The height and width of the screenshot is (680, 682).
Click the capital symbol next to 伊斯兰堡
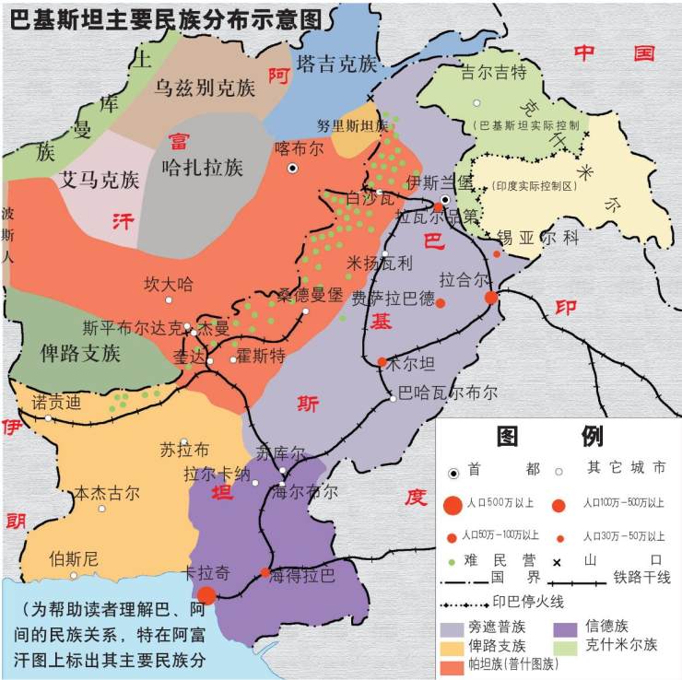pyautogui.click(x=445, y=199)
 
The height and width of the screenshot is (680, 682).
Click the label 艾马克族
pyautogui.click(x=99, y=179)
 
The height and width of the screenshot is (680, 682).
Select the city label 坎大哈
pyautogui.click(x=169, y=284)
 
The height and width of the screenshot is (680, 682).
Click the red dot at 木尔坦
pyautogui.click(x=382, y=362)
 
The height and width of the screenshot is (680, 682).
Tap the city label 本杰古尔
pyautogui.click(x=107, y=493)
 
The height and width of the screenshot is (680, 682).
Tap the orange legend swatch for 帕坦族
pyautogui.click(x=452, y=665)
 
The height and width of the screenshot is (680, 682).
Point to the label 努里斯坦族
pyautogui.click(x=356, y=125)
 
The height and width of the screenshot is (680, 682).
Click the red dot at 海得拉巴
pyautogui.click(x=265, y=573)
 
